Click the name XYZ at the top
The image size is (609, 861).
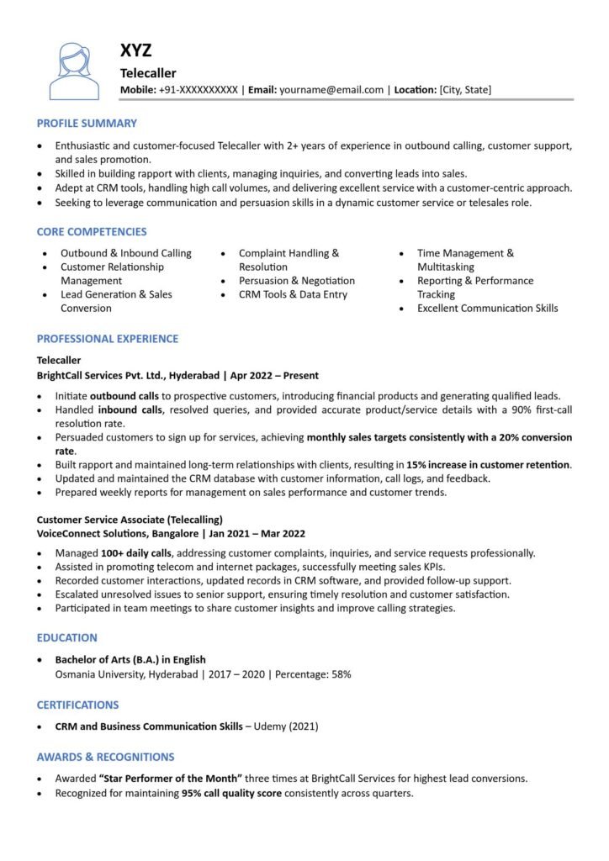click(x=136, y=51)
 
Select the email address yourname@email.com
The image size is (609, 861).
click(x=331, y=90)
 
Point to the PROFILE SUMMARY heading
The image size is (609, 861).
click(x=87, y=124)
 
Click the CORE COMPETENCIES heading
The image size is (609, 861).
click(x=92, y=232)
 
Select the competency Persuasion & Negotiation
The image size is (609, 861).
click(x=296, y=281)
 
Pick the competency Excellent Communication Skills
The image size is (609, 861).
click(x=487, y=309)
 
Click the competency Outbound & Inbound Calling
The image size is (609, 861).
click(x=125, y=253)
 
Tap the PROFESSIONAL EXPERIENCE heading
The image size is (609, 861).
click(x=108, y=339)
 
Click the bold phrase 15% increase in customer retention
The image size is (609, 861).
click(x=488, y=465)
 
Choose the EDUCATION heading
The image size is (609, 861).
click(x=67, y=638)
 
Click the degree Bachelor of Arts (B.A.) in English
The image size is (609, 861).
click(x=130, y=660)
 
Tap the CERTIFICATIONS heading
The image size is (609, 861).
click(x=77, y=705)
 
